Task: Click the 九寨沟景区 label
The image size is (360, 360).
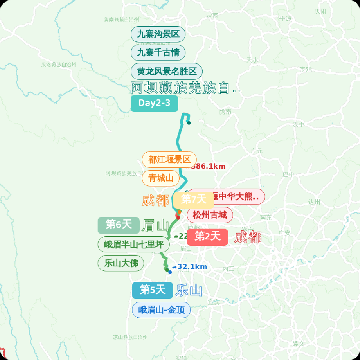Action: [158, 35]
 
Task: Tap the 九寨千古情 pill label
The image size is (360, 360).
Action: [158, 53]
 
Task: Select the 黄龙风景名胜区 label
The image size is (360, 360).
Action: [166, 71]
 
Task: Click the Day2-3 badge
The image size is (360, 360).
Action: [154, 103]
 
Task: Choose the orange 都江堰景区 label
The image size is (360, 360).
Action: [169, 159]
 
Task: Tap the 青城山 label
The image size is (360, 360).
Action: [161, 178]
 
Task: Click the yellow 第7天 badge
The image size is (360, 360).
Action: [194, 199]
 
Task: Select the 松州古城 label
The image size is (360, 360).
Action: [210, 215]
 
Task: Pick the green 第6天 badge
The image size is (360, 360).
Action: [118, 225]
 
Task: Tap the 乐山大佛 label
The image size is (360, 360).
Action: [121, 263]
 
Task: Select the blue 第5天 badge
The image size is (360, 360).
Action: [153, 290]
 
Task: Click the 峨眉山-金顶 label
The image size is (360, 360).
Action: [161, 310]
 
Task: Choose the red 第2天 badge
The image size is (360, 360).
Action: [207, 237]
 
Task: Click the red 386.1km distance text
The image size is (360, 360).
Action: [208, 166]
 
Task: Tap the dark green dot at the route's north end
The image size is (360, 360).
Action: [189, 123]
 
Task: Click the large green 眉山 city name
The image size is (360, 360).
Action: [155, 226]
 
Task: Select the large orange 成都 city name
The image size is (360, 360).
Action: [155, 201]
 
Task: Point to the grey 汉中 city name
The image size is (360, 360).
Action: [298, 125]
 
